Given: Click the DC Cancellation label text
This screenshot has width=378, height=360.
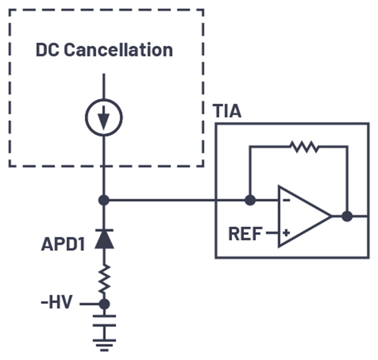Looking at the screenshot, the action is (x=104, y=50).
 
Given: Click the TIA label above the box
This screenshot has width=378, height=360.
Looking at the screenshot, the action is (x=227, y=111).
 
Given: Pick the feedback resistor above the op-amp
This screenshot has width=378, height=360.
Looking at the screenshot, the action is (x=304, y=147).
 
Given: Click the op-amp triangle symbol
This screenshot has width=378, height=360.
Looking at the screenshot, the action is (x=305, y=216).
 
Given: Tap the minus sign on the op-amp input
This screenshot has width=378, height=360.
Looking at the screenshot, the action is (x=286, y=200).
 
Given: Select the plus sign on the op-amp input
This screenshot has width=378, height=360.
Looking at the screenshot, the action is (x=286, y=233).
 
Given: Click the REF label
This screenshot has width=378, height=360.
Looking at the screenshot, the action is (x=245, y=234).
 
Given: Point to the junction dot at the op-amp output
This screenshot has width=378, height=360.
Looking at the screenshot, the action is (x=347, y=216).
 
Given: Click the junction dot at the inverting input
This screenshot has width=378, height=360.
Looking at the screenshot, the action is (x=250, y=200).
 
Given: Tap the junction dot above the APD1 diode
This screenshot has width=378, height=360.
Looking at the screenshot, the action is (x=104, y=200).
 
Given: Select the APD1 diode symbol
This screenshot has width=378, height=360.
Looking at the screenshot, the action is (x=104, y=239).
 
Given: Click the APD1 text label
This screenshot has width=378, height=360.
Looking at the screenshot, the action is (x=63, y=244).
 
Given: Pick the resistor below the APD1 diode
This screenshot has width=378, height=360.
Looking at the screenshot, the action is (x=105, y=279).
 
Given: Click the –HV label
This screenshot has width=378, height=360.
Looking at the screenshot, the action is (x=57, y=302).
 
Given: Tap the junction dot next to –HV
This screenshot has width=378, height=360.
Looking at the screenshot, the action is (x=104, y=304).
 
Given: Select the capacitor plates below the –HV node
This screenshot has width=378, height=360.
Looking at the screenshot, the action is (x=105, y=321).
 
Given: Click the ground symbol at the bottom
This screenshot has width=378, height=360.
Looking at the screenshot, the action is (x=105, y=345).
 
